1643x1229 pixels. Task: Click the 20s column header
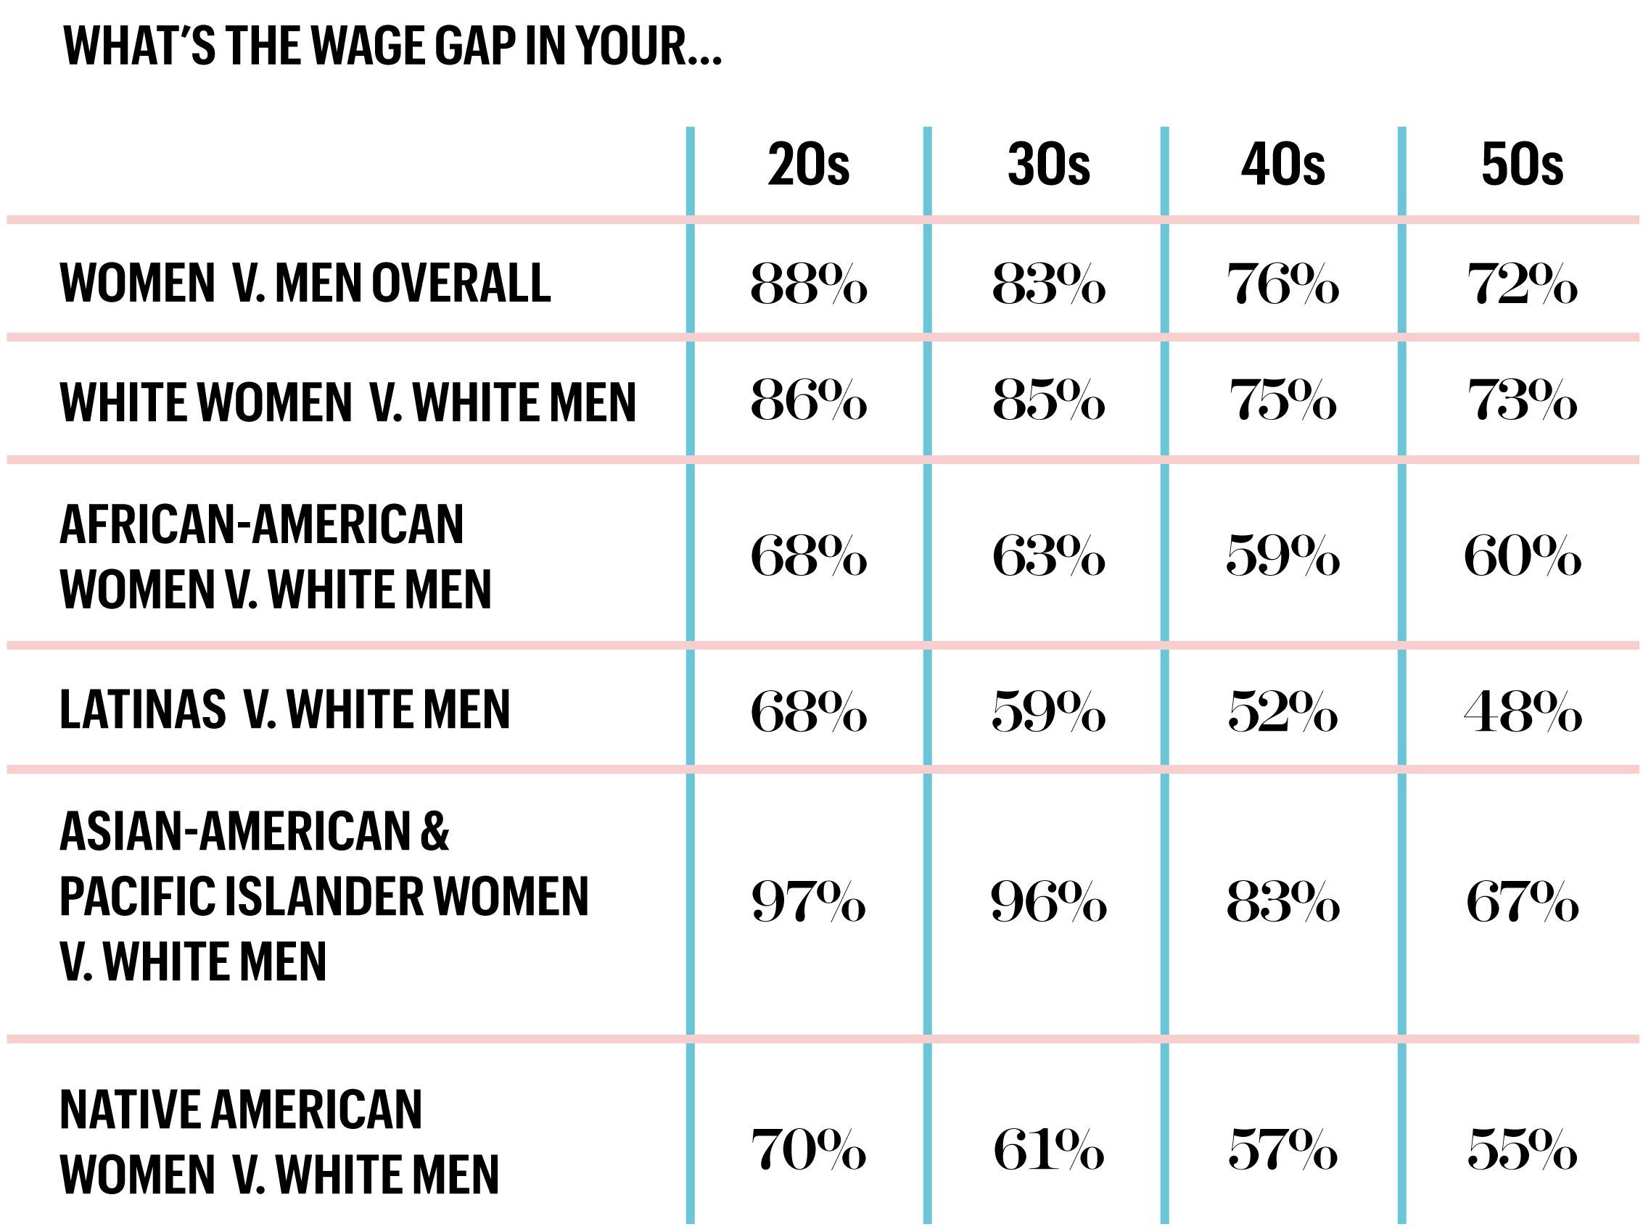tap(808, 164)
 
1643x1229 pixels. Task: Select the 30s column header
tap(1049, 164)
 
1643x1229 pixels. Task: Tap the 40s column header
tap(1282, 164)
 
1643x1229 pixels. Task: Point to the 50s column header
tap(1522, 164)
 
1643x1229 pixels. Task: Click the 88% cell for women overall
tap(808, 284)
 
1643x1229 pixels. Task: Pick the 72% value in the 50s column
tap(1522, 284)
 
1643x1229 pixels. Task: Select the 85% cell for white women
tap(1049, 401)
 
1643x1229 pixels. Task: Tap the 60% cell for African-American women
tap(1522, 555)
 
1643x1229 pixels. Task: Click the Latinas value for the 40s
tap(1282, 711)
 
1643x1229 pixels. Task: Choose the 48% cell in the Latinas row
tap(1522, 711)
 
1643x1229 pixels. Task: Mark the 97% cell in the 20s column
tap(808, 902)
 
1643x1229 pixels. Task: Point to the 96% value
tap(1049, 902)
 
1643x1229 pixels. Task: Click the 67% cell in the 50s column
tap(1522, 902)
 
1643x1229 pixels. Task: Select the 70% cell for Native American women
tap(808, 1149)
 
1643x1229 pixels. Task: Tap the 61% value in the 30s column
tap(1049, 1149)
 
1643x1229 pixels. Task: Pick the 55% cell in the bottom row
tap(1522, 1149)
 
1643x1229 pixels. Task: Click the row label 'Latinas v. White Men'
tap(284, 709)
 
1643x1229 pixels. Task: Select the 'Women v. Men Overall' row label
tap(305, 283)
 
